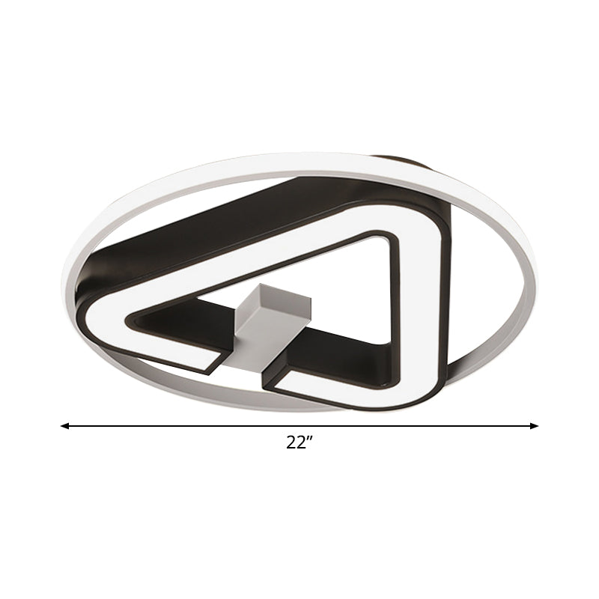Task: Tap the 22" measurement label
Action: coord(298,443)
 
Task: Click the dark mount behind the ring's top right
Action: coord(404,162)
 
